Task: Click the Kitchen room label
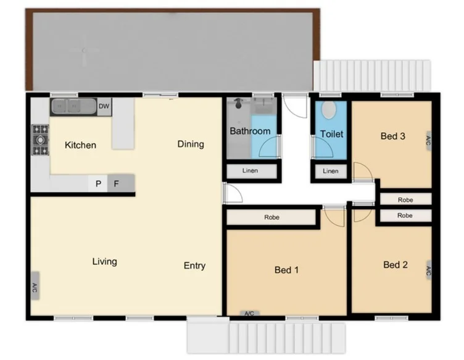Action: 81,145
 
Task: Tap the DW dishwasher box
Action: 104,106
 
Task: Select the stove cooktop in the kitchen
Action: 41,140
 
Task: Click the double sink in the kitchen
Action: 73,107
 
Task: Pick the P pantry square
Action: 97,183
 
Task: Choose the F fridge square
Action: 116,183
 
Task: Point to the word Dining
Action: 191,144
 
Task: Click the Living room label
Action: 104,261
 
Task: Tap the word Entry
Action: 194,266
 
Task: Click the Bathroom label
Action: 250,131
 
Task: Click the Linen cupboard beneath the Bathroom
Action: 250,171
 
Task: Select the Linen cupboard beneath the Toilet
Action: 331,171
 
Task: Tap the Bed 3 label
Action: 392,136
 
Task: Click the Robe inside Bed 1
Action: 271,217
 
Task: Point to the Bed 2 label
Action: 396,264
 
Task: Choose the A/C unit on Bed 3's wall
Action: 428,141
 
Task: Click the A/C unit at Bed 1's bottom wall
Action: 249,314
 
